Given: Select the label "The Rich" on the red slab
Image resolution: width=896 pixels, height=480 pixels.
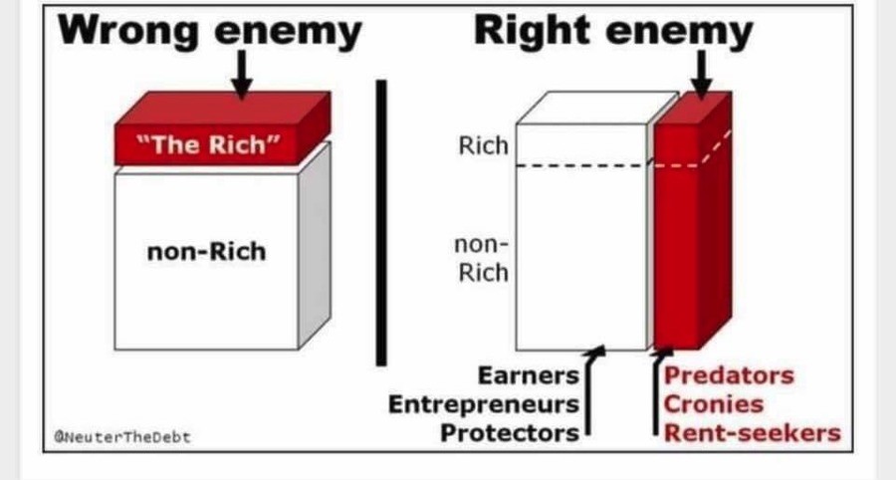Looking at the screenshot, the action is click(209, 144).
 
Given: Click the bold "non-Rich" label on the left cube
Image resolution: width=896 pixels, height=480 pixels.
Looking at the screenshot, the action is click(206, 251).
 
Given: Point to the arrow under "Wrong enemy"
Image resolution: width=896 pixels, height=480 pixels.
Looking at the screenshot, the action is click(242, 75).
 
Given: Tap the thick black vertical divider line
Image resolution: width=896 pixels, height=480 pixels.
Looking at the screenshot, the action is click(381, 223).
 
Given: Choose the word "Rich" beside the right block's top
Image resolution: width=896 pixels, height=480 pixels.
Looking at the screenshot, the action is click(483, 145).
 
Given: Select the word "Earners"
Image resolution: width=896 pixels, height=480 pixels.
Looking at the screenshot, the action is click(529, 375).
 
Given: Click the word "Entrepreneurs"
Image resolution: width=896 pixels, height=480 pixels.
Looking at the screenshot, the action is click(484, 404).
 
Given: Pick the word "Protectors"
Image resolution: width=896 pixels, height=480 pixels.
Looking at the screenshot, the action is click(510, 432).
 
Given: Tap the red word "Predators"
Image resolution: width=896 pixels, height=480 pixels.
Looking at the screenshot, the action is click(729, 375).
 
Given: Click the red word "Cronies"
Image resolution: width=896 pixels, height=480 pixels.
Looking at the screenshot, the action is click(713, 404).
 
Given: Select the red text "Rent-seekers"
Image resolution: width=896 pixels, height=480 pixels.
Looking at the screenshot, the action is click(752, 432).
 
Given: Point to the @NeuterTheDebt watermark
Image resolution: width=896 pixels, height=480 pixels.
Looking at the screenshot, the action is click(121, 437).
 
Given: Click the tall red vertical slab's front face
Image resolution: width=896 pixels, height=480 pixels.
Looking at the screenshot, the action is click(677, 237).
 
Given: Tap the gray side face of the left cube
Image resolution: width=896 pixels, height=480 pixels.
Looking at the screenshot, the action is click(315, 246).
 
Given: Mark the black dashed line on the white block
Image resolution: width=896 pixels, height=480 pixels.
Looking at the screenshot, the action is click(581, 165).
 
